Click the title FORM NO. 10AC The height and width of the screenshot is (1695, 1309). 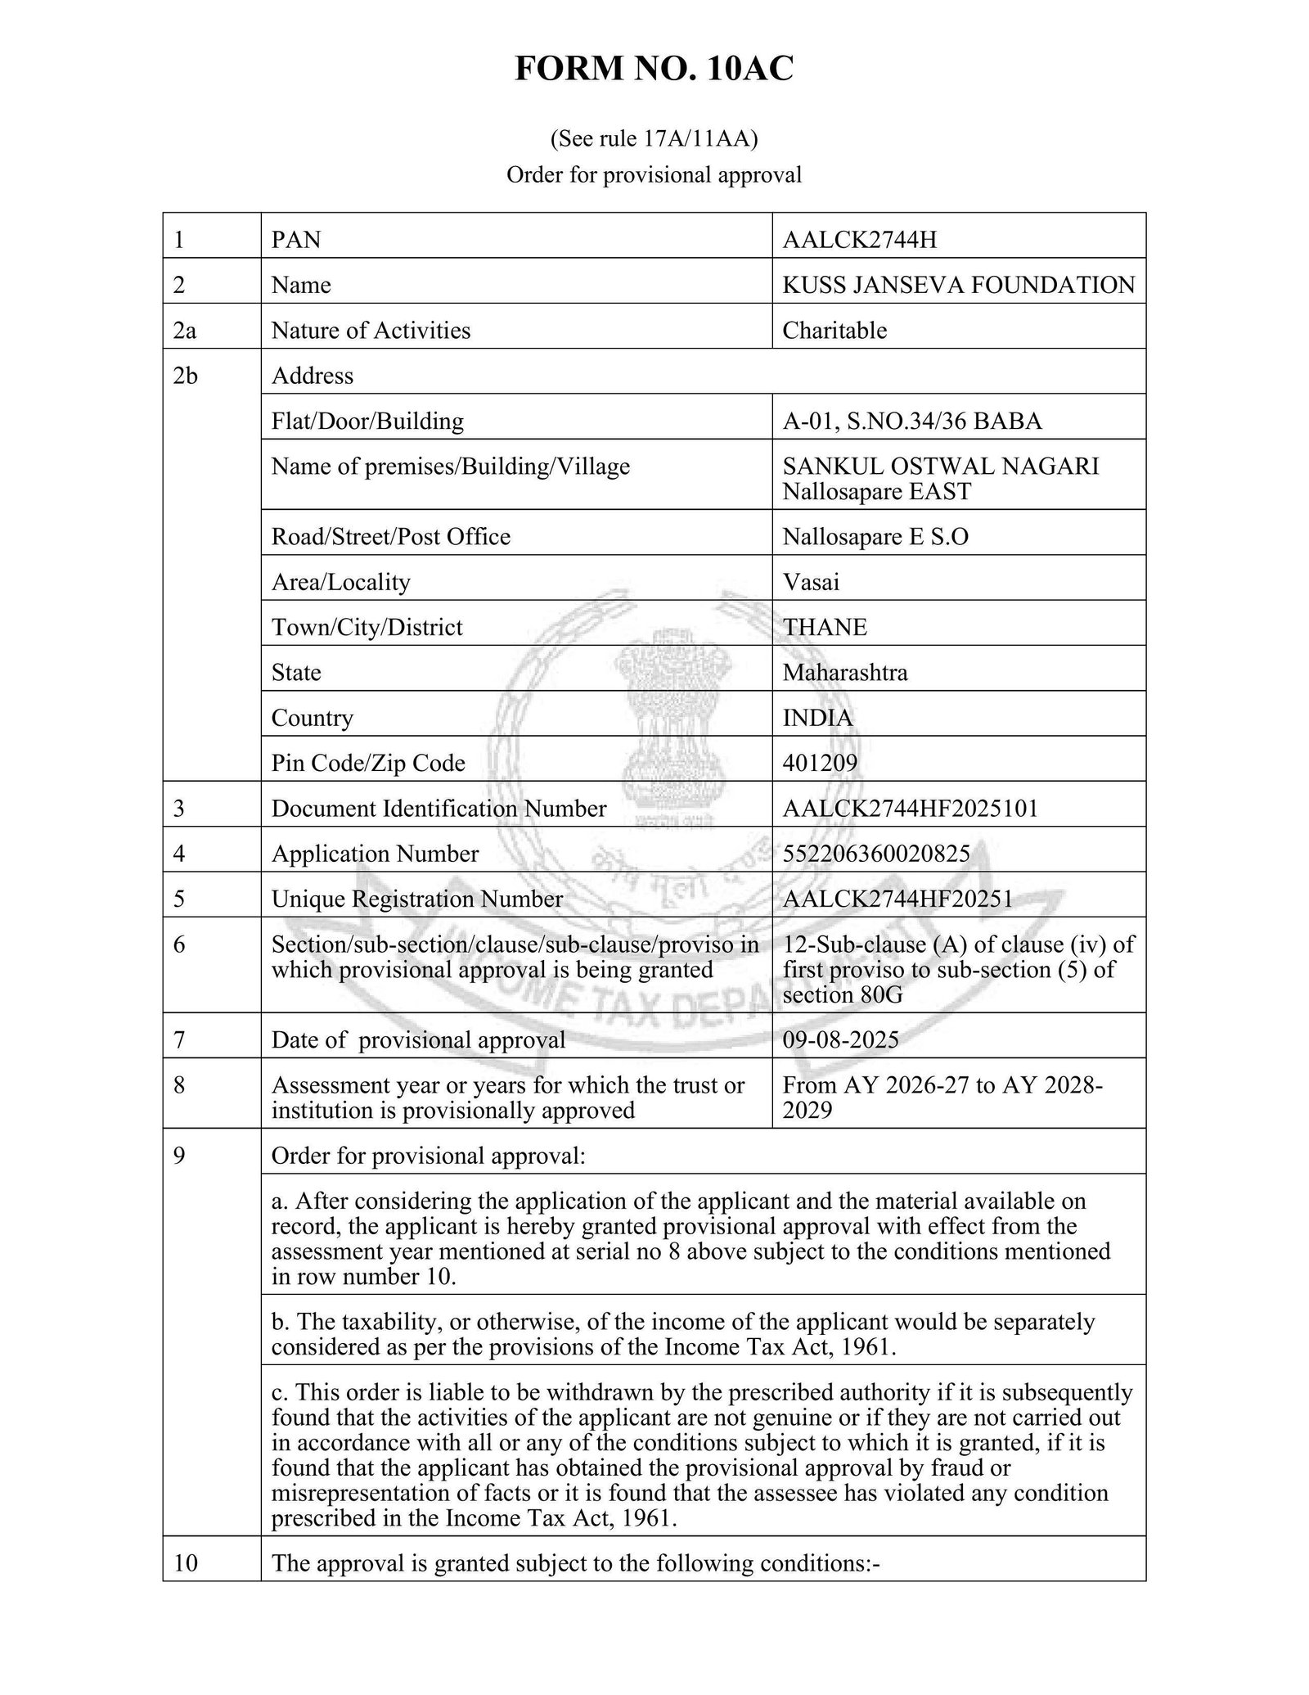[x=654, y=69]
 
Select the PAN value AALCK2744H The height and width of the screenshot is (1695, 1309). [x=859, y=240]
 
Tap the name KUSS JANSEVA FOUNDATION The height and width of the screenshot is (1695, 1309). [x=958, y=285]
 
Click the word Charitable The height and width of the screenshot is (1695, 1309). [x=834, y=331]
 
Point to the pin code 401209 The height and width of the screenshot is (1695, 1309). [x=820, y=763]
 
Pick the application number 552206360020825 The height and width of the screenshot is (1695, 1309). [x=875, y=854]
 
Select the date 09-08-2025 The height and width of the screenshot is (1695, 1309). [x=840, y=1039]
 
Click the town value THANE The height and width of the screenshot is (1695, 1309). [x=825, y=627]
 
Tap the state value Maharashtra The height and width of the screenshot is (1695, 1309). [x=844, y=673]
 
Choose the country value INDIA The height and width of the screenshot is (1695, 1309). [x=817, y=718]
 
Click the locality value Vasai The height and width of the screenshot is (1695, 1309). [x=811, y=582]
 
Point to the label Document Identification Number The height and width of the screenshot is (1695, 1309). [x=439, y=809]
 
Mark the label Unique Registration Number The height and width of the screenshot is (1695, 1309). [x=416, y=899]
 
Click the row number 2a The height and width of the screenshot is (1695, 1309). [x=185, y=331]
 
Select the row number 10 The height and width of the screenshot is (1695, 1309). [x=186, y=1563]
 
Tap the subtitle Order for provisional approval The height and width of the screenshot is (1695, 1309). [x=654, y=175]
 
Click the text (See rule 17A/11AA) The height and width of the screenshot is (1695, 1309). [x=654, y=138]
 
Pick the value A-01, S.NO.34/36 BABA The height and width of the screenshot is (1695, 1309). [x=911, y=421]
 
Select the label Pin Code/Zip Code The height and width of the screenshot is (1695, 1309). [x=368, y=763]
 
